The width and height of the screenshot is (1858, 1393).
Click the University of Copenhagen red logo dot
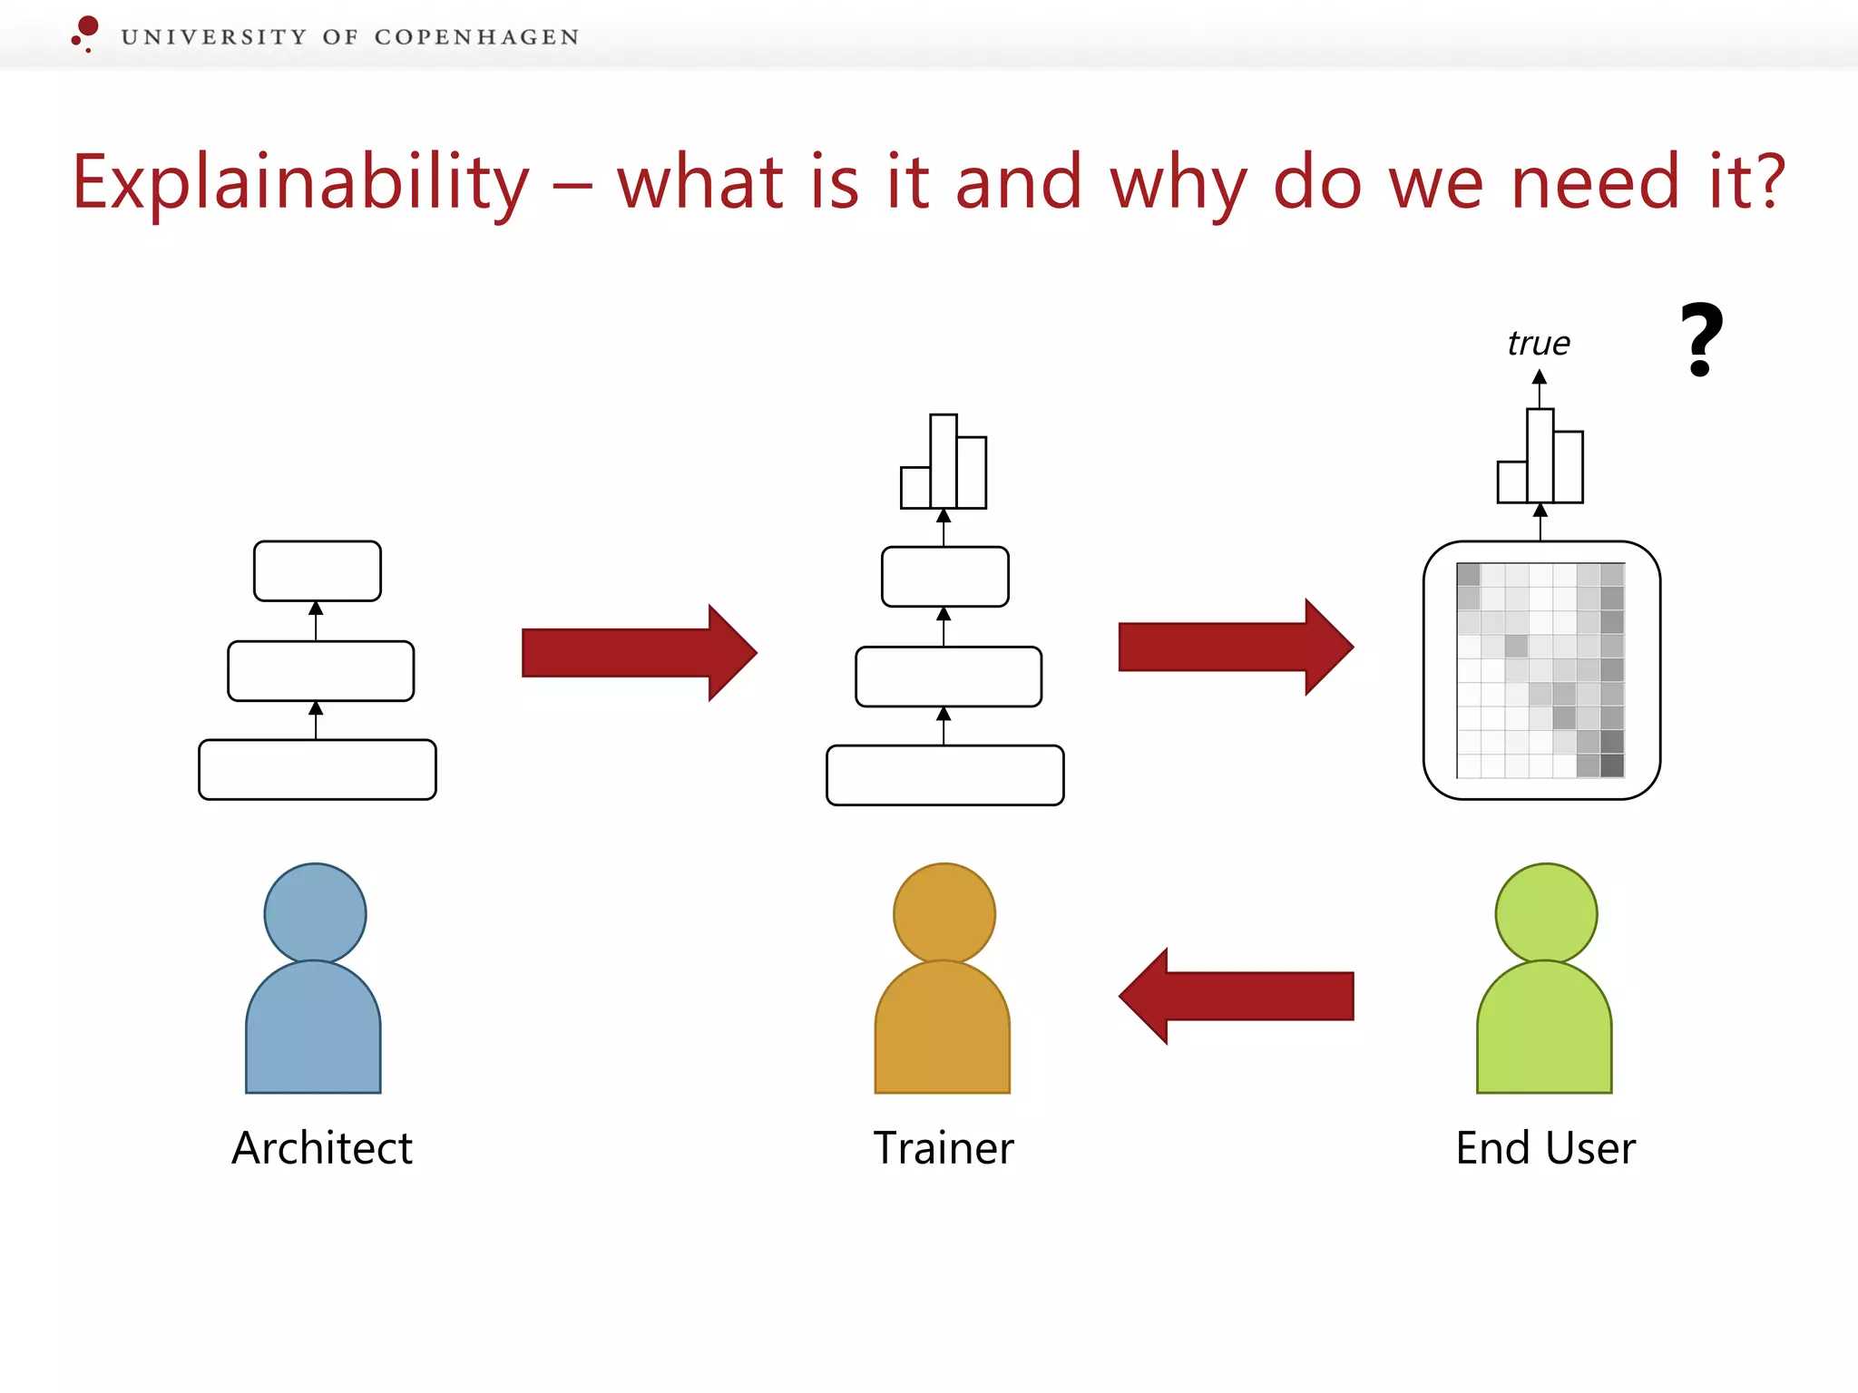point(88,26)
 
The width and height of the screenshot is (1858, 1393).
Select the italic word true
point(1539,344)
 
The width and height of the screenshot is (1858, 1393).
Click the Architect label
point(322,1148)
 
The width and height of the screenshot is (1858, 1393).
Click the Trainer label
point(944,1148)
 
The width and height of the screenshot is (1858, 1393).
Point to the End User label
point(1546,1148)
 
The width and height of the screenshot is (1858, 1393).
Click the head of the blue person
point(315,913)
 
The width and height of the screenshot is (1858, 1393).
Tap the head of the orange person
point(944,913)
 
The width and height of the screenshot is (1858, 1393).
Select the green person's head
point(1546,913)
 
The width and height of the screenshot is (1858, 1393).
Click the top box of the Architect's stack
point(318,571)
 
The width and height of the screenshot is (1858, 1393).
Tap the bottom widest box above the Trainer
point(944,775)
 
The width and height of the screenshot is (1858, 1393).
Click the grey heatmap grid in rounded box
point(1540,670)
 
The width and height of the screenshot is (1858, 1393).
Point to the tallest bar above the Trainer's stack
point(944,461)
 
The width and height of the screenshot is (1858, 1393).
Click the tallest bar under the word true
point(1540,455)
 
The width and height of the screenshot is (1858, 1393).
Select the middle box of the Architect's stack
point(321,671)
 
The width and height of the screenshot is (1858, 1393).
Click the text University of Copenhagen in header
point(350,37)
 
